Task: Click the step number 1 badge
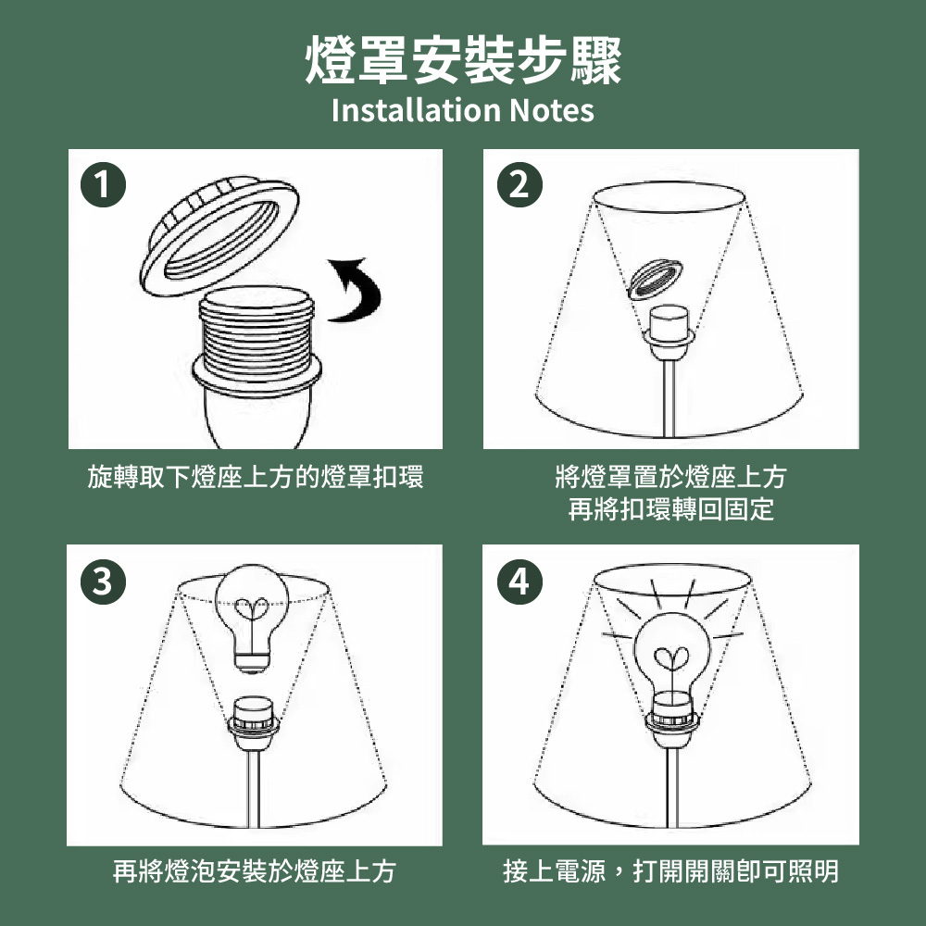tap(104, 185)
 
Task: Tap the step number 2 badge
tap(519, 185)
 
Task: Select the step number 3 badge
tap(104, 582)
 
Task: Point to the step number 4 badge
tap(519, 582)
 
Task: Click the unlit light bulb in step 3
tap(252, 617)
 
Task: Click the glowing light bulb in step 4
tap(671, 658)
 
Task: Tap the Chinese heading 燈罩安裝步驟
tap(463, 59)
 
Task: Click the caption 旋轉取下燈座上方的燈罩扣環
tap(256, 477)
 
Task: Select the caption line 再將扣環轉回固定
tap(670, 509)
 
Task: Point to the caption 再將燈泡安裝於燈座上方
tap(254, 871)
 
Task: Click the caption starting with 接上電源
tap(670, 871)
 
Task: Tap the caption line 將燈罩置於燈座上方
tap(670, 477)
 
